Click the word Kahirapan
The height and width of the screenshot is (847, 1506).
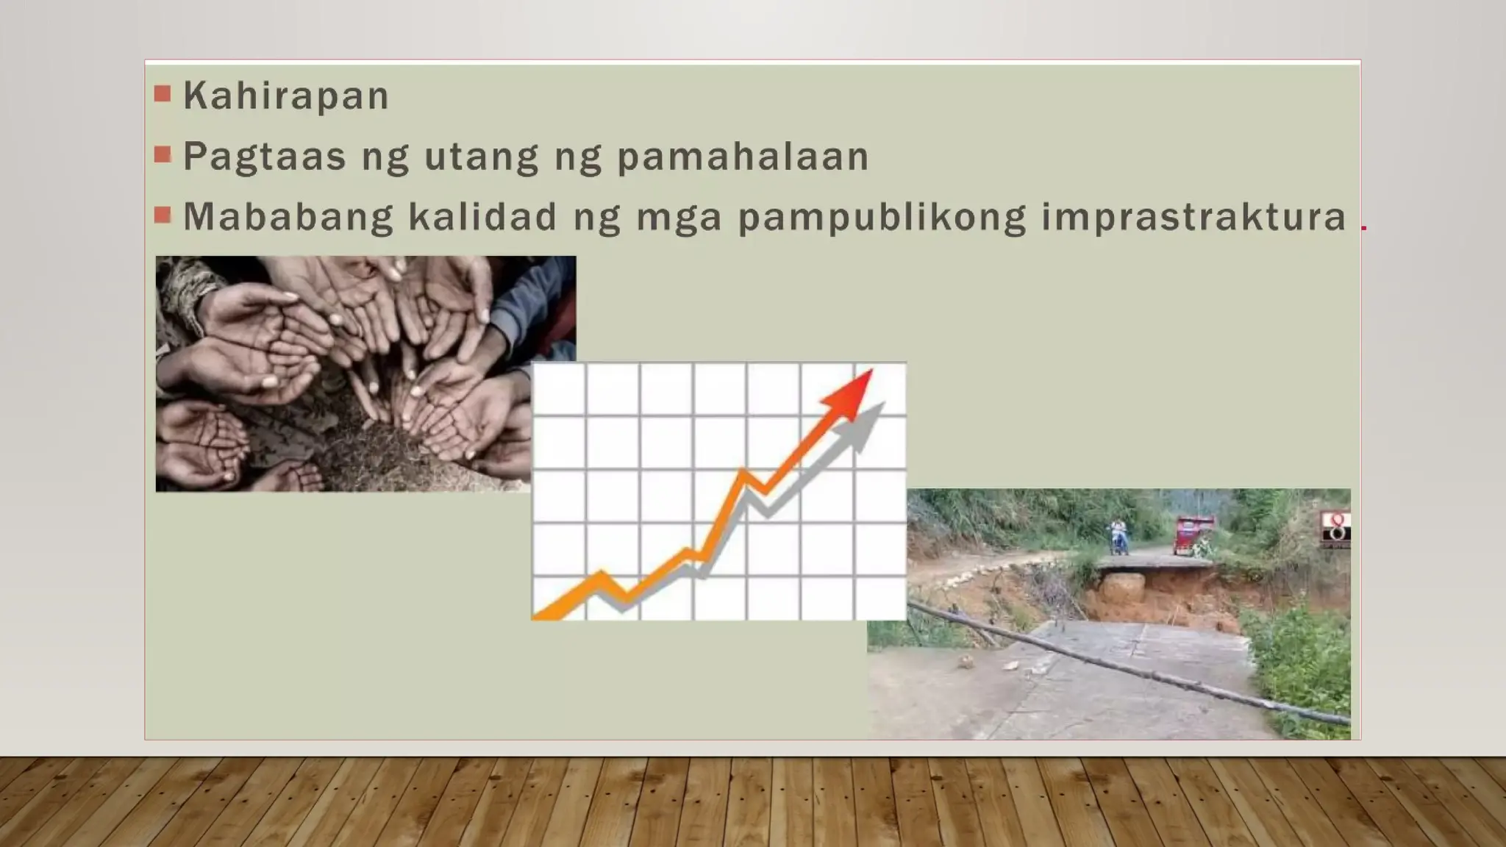[285, 96]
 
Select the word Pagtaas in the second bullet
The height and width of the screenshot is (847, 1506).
[264, 157]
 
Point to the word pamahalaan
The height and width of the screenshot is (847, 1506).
[743, 157]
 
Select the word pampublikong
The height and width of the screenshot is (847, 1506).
[882, 218]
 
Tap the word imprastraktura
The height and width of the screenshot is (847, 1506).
[1193, 218]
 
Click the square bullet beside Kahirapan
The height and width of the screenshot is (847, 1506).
[163, 93]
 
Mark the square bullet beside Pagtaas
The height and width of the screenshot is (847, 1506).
[163, 154]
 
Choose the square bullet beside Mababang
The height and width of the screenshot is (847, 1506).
[163, 215]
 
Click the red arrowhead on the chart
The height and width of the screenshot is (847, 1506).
[853, 393]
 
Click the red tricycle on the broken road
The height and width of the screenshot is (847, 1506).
[1192, 535]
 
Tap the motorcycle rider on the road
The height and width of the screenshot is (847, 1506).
[1118, 537]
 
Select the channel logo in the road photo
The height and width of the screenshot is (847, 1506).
[1335, 529]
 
